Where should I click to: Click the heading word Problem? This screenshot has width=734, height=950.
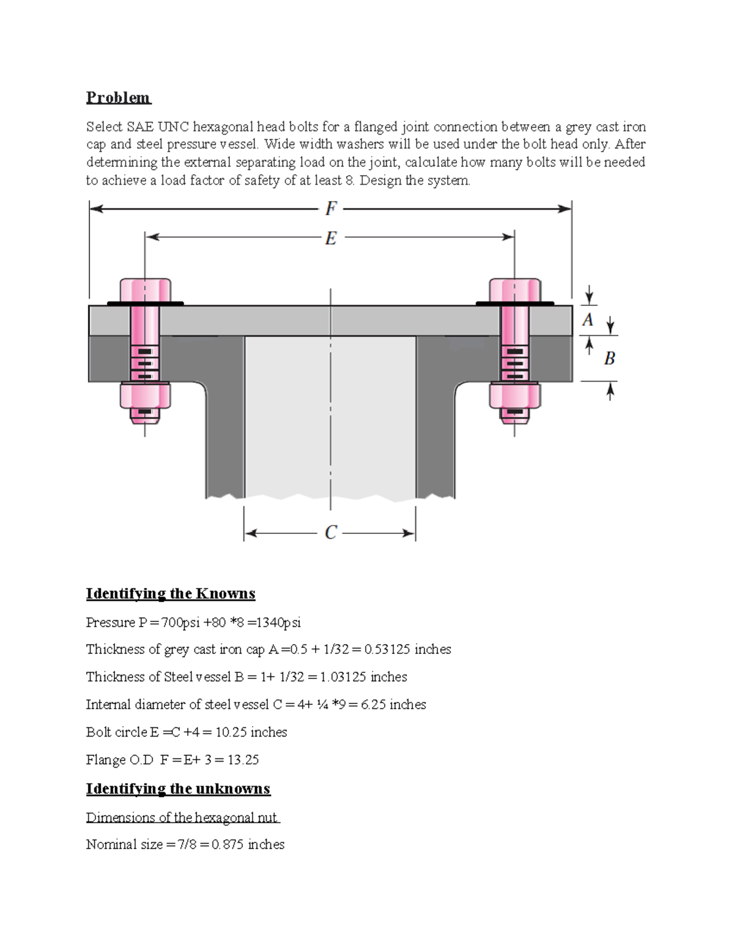point(118,98)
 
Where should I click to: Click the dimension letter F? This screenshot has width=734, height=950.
point(331,209)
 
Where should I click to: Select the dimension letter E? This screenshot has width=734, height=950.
point(331,238)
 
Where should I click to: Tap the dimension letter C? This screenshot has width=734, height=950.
point(331,533)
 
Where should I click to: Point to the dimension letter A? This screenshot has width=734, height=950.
point(588,320)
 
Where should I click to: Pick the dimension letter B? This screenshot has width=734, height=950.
point(609,358)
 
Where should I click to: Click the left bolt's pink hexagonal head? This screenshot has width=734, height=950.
point(145,289)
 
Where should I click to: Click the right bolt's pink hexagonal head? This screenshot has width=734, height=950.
point(514,289)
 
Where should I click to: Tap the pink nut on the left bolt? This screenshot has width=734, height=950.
point(145,395)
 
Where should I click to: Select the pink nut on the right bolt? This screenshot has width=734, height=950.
point(514,395)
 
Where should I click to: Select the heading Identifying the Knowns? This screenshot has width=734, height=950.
point(171,593)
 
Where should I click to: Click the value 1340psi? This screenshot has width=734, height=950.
point(278,623)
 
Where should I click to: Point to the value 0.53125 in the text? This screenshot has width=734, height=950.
point(387,650)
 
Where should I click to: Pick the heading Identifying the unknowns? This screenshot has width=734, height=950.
point(178,789)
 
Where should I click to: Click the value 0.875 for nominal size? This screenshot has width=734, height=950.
point(228,845)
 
